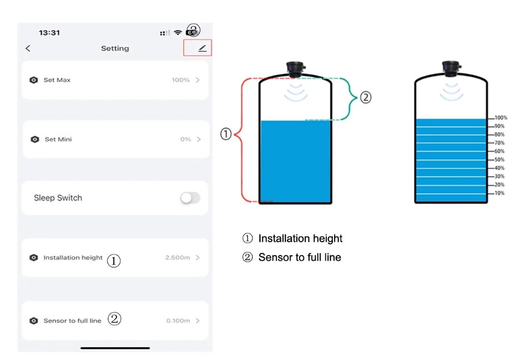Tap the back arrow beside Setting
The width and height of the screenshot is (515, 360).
pyautogui.click(x=28, y=49)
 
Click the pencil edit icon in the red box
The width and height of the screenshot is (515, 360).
pyautogui.click(x=202, y=49)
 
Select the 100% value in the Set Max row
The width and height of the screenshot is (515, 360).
pyautogui.click(x=180, y=80)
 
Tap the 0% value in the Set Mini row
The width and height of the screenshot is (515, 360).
pyautogui.click(x=185, y=139)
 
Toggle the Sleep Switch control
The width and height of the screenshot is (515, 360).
pyautogui.click(x=190, y=198)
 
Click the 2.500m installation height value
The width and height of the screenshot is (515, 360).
pyautogui.click(x=178, y=258)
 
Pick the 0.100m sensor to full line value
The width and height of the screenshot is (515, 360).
pyautogui.click(x=178, y=321)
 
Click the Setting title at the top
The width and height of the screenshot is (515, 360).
pyautogui.click(x=115, y=49)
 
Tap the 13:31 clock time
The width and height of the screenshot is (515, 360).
pyautogui.click(x=49, y=33)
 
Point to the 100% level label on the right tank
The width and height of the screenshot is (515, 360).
pyautogui.click(x=501, y=118)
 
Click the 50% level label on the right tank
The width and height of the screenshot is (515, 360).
pyautogui.click(x=499, y=160)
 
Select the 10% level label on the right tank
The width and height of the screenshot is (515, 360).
pyautogui.click(x=499, y=193)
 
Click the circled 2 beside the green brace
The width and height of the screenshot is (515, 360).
pyautogui.click(x=365, y=98)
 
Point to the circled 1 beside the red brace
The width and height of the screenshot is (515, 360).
pyautogui.click(x=226, y=134)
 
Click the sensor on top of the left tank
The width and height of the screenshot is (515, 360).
pyautogui.click(x=295, y=68)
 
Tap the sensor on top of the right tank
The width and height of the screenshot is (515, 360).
pyautogui.click(x=451, y=68)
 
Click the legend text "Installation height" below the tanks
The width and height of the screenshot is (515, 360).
pyautogui.click(x=300, y=239)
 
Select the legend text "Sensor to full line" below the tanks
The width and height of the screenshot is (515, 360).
pyautogui.click(x=300, y=257)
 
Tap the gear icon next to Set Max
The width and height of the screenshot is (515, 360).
pyautogui.click(x=34, y=80)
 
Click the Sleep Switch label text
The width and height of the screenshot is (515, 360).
pyautogui.click(x=58, y=198)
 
